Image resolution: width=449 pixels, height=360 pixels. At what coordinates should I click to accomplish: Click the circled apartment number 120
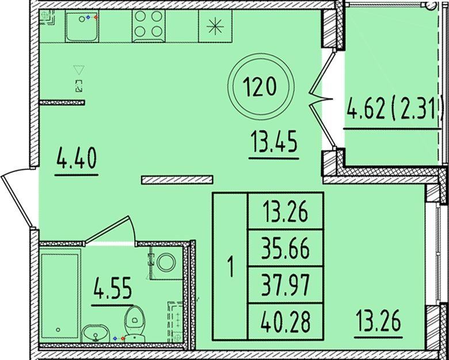261,87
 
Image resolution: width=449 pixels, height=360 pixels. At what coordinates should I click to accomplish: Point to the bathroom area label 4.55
112,288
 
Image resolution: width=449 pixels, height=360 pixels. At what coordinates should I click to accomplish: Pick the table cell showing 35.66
286,248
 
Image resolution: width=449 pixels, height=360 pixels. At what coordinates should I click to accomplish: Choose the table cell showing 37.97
286,285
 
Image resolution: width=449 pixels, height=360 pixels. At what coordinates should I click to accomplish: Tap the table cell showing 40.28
286,321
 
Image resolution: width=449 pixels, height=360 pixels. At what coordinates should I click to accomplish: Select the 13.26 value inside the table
286,212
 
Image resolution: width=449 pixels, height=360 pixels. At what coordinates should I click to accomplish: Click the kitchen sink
82,26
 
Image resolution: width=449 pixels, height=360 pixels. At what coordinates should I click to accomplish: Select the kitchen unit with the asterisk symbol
215,26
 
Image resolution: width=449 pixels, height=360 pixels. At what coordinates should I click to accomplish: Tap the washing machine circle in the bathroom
166,263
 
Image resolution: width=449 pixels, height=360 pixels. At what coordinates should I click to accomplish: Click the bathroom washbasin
96,334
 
